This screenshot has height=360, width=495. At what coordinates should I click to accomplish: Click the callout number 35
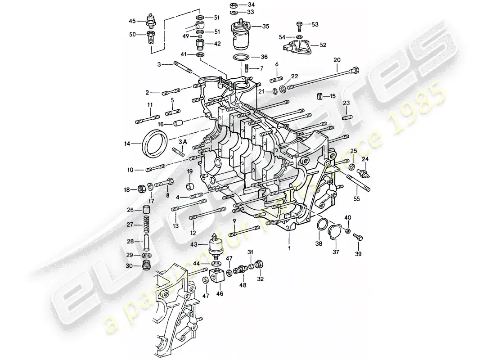point(265,27)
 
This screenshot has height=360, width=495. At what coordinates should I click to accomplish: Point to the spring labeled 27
point(146,225)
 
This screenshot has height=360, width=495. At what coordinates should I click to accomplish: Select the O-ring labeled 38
point(321,225)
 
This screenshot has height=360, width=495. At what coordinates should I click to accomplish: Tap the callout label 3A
point(182,143)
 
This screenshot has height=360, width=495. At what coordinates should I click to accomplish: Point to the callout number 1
point(289,247)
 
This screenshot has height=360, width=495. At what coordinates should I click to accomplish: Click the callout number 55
point(357,198)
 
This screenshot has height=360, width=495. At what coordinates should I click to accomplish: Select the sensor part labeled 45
point(152,21)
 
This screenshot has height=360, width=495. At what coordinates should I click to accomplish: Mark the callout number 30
point(129,266)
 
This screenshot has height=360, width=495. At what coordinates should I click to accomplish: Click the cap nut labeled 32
point(260,264)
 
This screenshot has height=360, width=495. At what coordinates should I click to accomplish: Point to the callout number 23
point(346,103)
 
